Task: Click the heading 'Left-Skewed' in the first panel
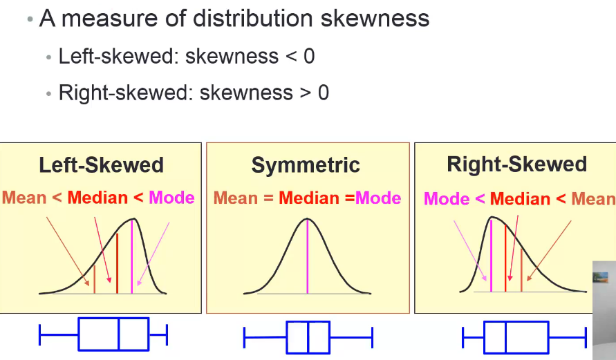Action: (101, 165)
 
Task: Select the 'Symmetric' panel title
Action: (306, 165)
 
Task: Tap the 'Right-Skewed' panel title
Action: (516, 164)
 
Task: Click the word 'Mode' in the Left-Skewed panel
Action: (172, 198)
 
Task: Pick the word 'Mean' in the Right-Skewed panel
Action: (593, 199)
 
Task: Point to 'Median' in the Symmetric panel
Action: (310, 198)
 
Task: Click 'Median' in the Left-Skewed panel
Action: (97, 198)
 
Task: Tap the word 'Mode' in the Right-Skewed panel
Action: (447, 199)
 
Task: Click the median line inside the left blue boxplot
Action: (119, 334)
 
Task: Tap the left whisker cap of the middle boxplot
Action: (245, 337)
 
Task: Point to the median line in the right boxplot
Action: (505, 337)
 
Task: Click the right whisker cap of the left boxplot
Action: (167, 334)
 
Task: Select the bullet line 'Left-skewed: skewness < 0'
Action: (187, 56)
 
